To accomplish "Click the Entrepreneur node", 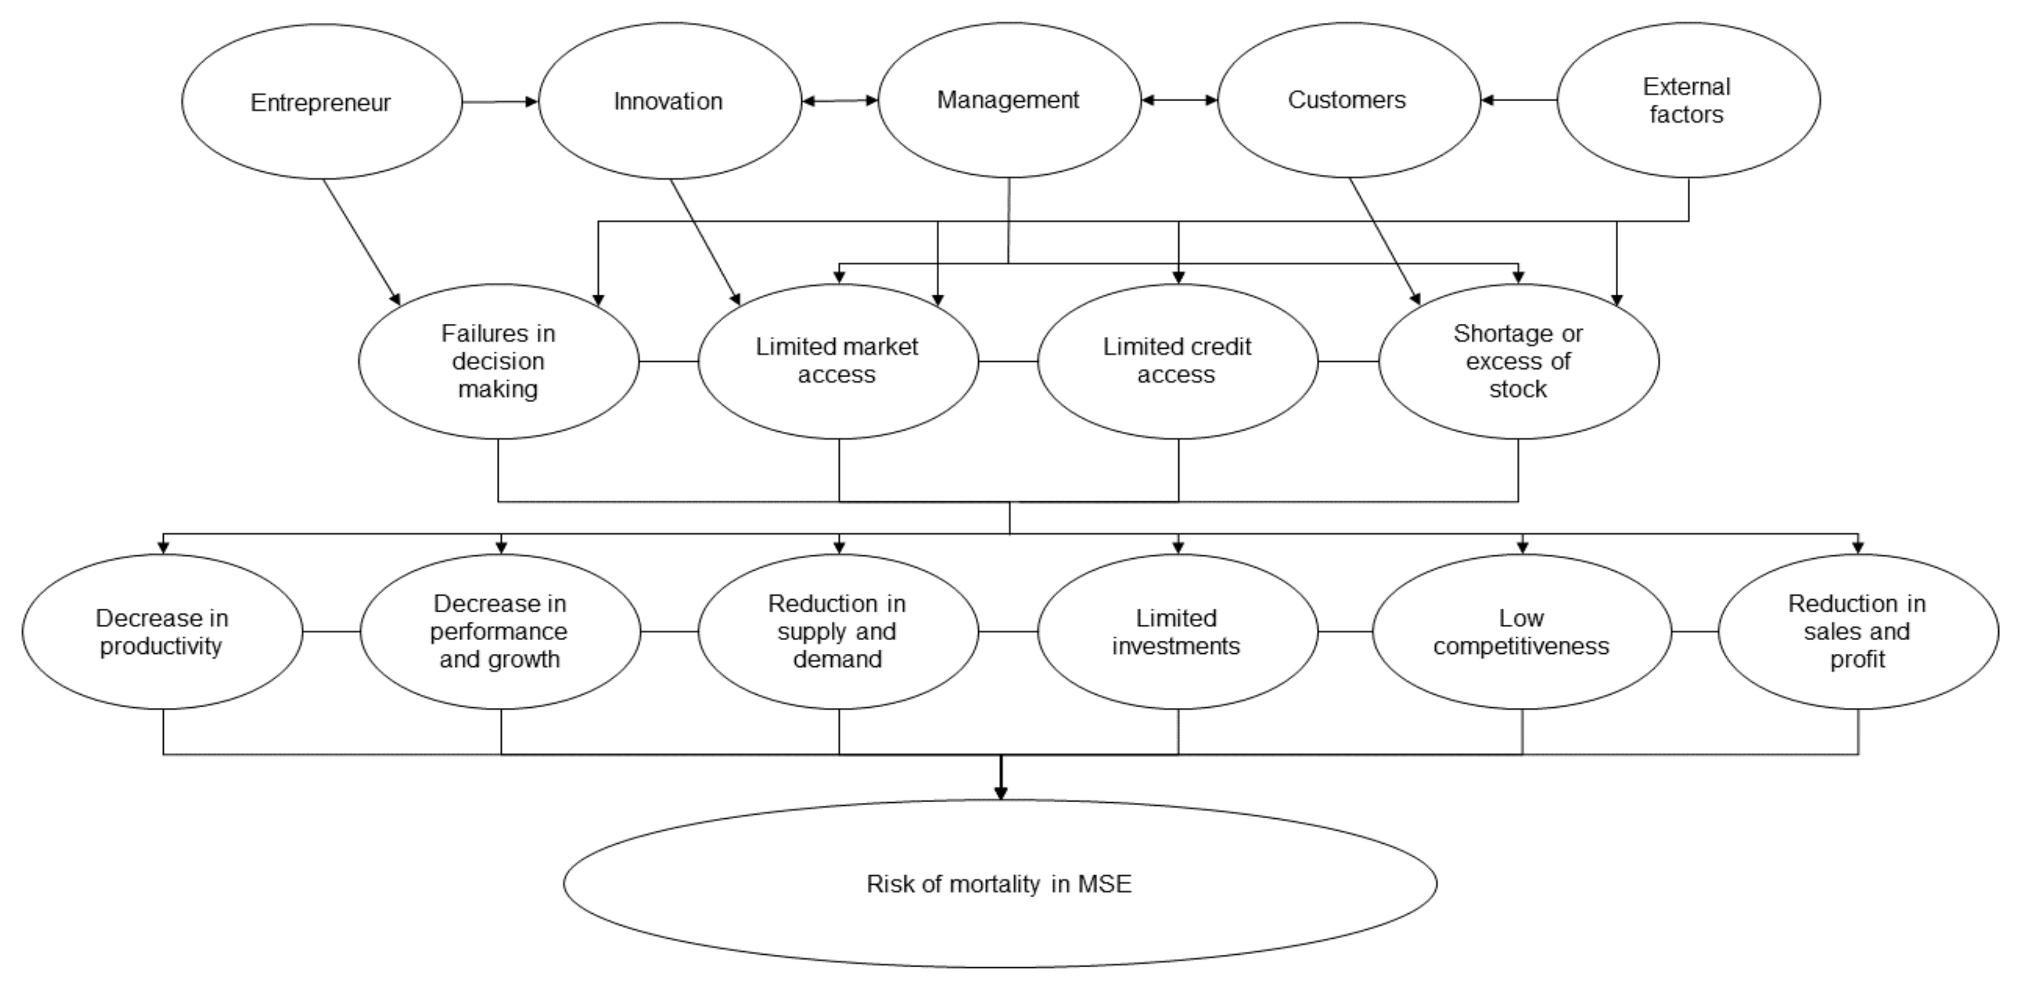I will [321, 102].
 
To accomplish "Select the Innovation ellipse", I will [669, 101].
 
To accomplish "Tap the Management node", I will [1008, 101].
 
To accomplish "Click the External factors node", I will [1688, 101].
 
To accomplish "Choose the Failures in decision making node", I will [499, 362].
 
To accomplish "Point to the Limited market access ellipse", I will [838, 361].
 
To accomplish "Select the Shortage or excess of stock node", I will [1518, 361].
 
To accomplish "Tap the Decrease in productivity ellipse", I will [162, 632].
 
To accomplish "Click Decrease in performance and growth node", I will [499, 632].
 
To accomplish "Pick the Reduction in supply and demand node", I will [838, 632].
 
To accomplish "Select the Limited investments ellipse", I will [1177, 632].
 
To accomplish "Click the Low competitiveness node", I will [1521, 632].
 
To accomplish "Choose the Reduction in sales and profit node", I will [1857, 632].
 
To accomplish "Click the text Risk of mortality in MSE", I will [999, 885].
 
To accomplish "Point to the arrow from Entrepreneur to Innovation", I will [501, 101].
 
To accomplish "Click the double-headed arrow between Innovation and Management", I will [839, 101].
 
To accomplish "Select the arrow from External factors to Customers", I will [1518, 101].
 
